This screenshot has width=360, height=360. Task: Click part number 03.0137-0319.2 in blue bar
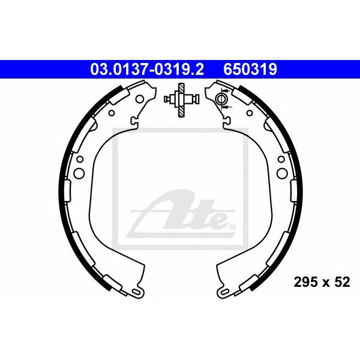147,70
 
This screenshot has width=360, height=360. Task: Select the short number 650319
250,70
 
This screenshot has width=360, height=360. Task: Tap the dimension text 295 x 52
322,282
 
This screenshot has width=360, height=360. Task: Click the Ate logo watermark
180,214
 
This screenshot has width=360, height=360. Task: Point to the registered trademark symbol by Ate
232,227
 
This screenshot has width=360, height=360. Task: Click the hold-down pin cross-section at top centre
182,100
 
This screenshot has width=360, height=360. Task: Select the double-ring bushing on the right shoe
221,99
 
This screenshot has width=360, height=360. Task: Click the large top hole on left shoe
140,99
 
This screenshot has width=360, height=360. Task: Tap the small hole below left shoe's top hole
112,113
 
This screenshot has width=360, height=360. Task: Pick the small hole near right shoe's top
250,113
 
